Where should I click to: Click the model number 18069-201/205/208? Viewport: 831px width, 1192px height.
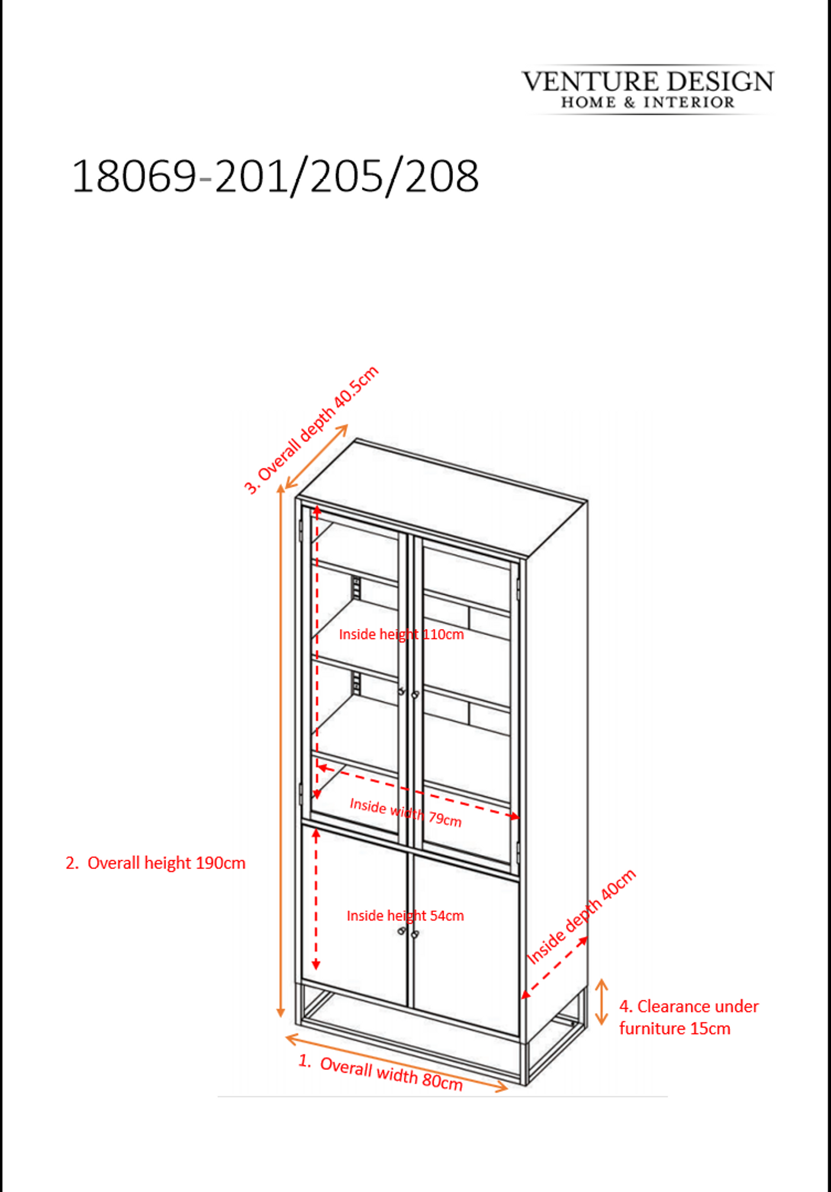275,177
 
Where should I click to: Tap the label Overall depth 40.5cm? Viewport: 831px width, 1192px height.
312,430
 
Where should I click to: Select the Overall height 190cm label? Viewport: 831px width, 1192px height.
155,863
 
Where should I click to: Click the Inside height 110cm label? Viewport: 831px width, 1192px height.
401,634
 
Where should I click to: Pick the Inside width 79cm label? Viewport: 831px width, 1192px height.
406,812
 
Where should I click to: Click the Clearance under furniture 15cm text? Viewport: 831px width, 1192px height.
689,1017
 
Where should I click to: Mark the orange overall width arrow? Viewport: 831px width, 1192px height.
396,1063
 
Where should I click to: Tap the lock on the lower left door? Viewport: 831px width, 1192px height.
401,932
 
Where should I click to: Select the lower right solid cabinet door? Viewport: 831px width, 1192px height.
467,945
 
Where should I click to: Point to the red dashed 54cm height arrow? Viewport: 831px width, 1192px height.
316,899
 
